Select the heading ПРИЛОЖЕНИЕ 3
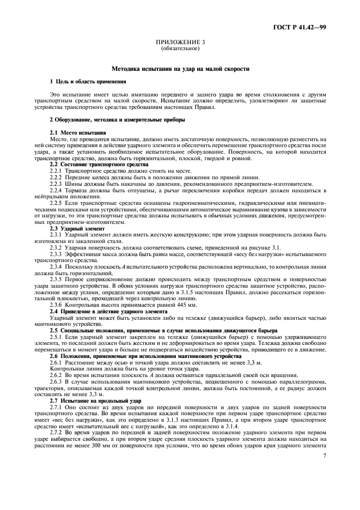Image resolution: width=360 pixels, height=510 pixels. pyautogui.click(x=180, y=42)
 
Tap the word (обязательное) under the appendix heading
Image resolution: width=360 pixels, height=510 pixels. pyautogui.click(x=180, y=48)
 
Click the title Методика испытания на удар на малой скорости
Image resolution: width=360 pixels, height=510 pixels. pyautogui.click(x=180, y=69)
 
